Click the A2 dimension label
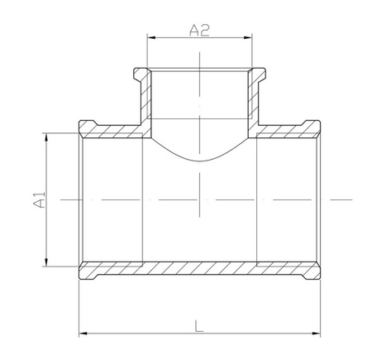(x=199, y=30)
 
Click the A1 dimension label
(x=37, y=199)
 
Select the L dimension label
(x=199, y=324)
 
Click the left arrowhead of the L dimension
(x=82, y=334)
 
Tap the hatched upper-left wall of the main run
(x=112, y=129)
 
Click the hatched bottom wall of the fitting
(x=199, y=271)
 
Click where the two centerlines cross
(x=199, y=199)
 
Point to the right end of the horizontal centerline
(x=352, y=199)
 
